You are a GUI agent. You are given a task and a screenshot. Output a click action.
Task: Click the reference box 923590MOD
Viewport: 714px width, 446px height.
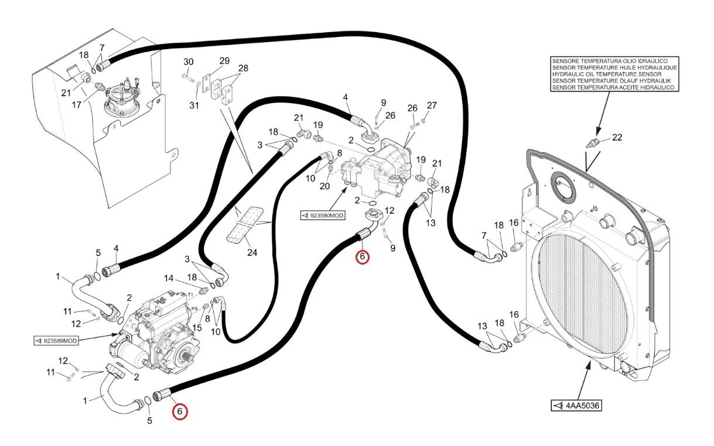[323, 215]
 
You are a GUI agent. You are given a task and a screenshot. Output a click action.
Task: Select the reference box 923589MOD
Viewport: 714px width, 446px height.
[56, 341]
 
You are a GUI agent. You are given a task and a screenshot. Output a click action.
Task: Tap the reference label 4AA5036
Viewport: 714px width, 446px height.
[577, 406]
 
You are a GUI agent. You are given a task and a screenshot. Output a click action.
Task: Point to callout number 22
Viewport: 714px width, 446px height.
[617, 138]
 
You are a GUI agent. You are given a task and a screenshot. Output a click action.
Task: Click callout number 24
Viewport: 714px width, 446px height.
[252, 253]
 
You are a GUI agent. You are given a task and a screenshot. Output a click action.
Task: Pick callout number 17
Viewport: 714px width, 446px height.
[76, 105]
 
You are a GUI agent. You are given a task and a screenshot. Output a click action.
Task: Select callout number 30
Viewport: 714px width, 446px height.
[189, 62]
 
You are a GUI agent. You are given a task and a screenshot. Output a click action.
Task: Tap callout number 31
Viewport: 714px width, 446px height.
[194, 105]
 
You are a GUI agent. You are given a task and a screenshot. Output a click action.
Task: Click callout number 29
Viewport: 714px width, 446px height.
[224, 60]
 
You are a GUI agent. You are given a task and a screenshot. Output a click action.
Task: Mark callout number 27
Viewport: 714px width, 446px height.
[432, 105]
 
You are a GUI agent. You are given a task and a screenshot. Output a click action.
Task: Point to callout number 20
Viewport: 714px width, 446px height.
[324, 186]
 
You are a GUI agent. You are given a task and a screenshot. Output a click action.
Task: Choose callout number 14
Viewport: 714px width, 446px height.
[169, 279]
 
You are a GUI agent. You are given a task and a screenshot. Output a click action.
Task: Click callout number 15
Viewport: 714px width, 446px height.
[197, 328]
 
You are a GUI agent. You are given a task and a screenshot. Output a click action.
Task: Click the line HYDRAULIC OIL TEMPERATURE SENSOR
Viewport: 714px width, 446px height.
[607, 74]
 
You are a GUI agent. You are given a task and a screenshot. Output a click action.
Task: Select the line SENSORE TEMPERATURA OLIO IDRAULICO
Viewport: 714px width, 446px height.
[610, 61]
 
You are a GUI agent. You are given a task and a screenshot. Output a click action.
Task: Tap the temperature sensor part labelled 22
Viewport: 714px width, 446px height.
[593, 143]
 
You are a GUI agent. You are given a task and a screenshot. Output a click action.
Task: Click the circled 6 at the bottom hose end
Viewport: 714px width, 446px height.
[180, 411]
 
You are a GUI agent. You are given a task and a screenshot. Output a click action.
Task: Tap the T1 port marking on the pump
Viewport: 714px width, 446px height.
[190, 294]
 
